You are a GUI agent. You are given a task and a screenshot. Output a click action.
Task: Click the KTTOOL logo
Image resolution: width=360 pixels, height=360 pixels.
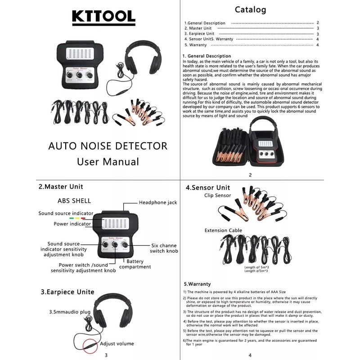[x=103, y=16]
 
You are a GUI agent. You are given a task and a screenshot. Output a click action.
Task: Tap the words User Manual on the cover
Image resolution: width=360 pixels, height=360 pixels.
[x=108, y=162]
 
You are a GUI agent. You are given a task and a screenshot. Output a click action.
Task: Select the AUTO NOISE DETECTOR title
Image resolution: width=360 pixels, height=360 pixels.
[x=108, y=146]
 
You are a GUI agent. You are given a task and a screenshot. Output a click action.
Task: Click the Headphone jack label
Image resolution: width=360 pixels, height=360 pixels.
[x=158, y=202]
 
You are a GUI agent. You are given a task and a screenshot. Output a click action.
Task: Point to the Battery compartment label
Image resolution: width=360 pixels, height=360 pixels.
[x=138, y=264]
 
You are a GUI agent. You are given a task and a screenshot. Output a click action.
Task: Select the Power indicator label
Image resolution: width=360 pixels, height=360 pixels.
[x=72, y=224]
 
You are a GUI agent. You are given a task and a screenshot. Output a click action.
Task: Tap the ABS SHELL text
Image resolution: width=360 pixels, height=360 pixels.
[x=74, y=201]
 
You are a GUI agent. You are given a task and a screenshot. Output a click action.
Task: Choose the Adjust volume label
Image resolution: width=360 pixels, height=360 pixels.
[x=117, y=344]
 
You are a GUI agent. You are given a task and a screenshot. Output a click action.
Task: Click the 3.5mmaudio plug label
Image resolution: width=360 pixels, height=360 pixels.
[x=70, y=311]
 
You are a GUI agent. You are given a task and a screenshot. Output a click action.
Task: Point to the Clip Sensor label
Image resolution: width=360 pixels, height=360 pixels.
[x=217, y=196]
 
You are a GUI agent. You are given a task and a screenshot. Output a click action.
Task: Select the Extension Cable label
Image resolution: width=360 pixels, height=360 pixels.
[x=223, y=230]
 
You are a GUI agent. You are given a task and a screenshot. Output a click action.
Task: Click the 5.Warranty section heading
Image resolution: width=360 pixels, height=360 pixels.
[x=197, y=284]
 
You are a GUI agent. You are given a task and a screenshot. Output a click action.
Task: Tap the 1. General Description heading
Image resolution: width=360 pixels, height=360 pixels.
[x=207, y=56]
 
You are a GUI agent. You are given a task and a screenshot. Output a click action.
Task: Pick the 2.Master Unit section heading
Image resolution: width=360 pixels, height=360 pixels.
[x=61, y=186]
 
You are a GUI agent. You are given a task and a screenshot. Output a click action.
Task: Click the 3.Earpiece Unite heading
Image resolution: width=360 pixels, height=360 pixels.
[x=67, y=292]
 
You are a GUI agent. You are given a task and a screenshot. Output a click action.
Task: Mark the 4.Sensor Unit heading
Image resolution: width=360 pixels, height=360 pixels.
[x=208, y=187]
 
